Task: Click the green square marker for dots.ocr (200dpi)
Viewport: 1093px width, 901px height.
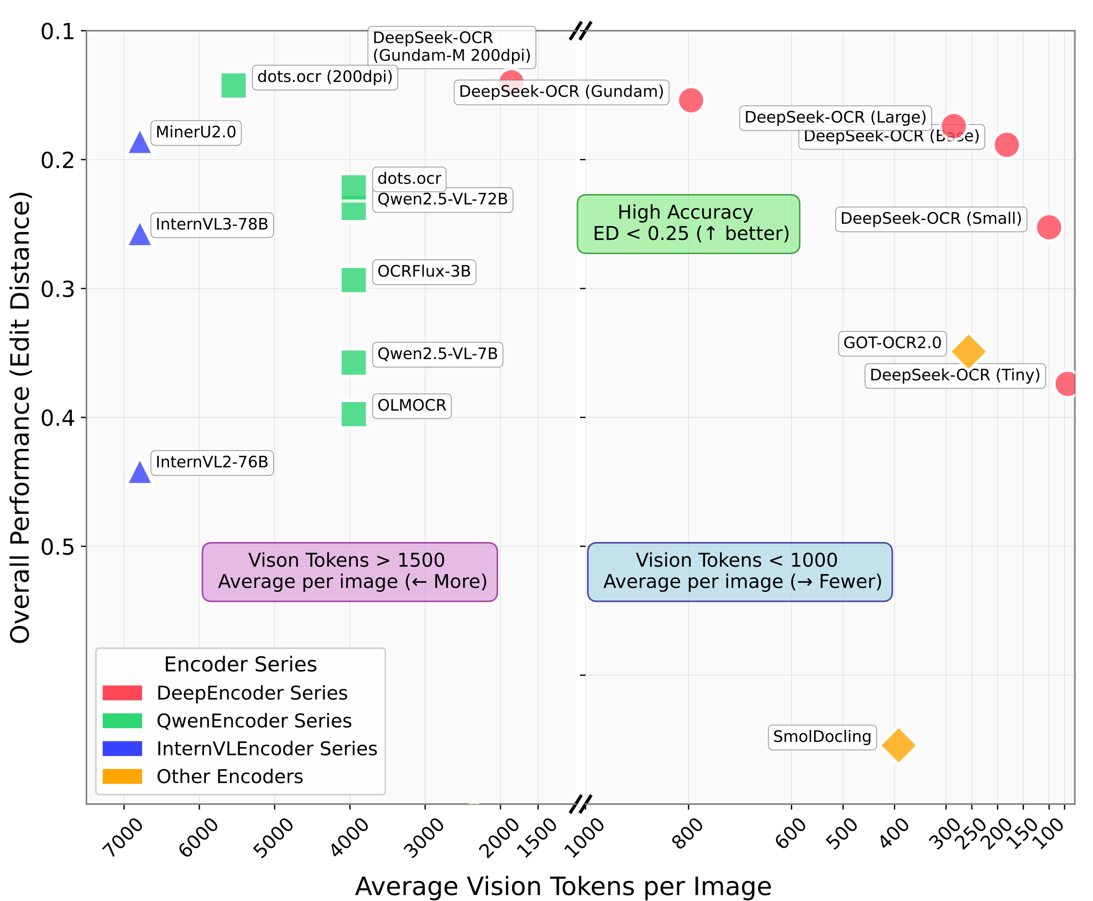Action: click(x=233, y=86)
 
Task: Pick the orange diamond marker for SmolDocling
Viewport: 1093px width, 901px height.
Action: click(x=898, y=745)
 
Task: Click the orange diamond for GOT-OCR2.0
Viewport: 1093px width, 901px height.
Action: click(x=968, y=351)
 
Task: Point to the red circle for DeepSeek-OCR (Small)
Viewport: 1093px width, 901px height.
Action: click(x=1048, y=227)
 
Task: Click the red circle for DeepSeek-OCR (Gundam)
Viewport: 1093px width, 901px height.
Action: click(x=691, y=100)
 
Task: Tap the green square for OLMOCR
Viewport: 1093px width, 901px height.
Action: click(x=354, y=414)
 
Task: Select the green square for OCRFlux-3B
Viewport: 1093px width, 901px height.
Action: click(x=354, y=280)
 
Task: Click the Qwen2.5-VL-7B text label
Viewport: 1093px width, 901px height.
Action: click(x=437, y=355)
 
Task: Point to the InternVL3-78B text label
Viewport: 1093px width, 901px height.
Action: click(x=212, y=225)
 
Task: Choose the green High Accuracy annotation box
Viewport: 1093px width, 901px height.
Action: click(x=688, y=224)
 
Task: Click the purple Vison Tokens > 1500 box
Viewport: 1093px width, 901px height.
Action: click(x=350, y=572)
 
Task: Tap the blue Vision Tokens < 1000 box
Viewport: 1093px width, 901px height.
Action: click(x=740, y=572)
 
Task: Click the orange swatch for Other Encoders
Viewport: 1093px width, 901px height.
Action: click(x=123, y=776)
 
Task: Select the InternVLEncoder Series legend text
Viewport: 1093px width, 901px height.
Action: click(x=267, y=749)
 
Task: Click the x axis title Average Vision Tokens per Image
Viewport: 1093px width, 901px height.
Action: click(x=563, y=886)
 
